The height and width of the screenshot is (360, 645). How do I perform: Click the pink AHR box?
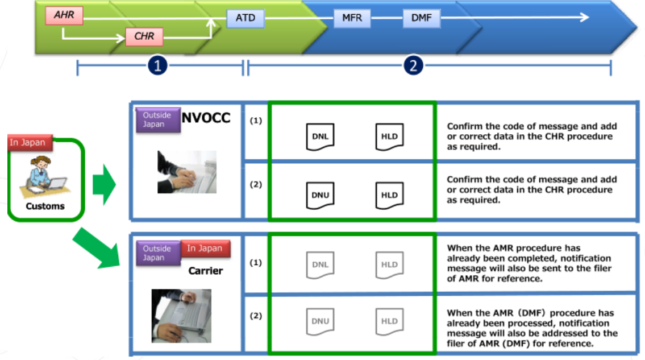[x=64, y=15]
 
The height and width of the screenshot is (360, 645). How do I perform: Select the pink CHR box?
[x=144, y=37]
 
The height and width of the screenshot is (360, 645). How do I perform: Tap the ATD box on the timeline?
[x=245, y=18]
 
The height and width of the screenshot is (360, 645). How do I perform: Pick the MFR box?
[x=352, y=18]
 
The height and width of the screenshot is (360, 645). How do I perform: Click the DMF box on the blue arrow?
[x=421, y=18]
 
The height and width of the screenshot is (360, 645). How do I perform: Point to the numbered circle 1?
[x=157, y=66]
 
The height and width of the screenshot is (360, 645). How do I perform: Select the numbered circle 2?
[x=413, y=66]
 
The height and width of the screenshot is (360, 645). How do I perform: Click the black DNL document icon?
[x=320, y=136]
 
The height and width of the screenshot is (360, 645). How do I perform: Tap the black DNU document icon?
[x=320, y=195]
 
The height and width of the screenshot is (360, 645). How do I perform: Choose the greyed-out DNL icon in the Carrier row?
[x=320, y=264]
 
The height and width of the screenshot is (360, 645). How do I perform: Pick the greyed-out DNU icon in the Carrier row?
[x=320, y=321]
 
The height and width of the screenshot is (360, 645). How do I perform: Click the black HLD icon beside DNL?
[x=389, y=136]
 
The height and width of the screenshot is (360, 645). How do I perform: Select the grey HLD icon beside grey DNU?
[x=389, y=321]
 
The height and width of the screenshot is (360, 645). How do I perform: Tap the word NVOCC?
[x=206, y=118]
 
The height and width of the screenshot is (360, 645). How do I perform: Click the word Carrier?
[x=205, y=271]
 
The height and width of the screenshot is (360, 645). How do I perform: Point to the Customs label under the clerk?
[x=45, y=206]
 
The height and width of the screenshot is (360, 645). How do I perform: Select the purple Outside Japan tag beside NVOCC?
[x=157, y=119]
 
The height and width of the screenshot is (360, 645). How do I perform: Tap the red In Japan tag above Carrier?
[x=205, y=249]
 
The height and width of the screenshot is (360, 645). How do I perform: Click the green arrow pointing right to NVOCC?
[x=103, y=184]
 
